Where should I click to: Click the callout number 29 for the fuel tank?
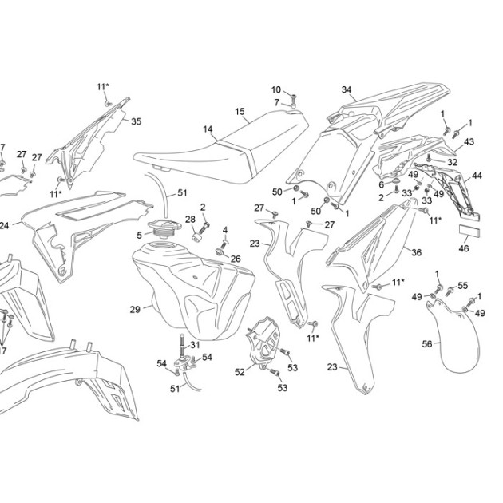pyautogui.click(x=135, y=310)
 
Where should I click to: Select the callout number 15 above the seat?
pyautogui.click(x=240, y=112)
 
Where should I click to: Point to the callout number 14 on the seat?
pyautogui.click(x=208, y=129)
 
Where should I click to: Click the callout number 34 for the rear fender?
pyautogui.click(x=347, y=89)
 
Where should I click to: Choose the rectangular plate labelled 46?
pyautogui.click(x=469, y=230)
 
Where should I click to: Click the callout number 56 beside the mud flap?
pyautogui.click(x=427, y=344)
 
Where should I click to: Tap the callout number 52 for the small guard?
pyautogui.click(x=240, y=372)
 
